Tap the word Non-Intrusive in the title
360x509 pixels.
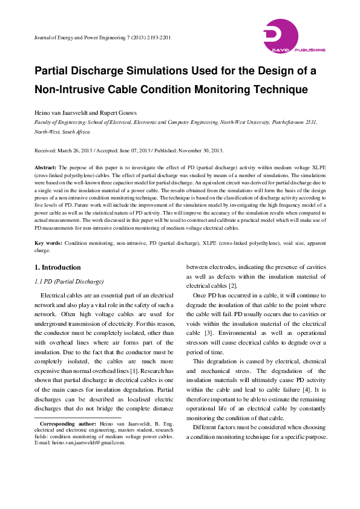(x=69, y=89)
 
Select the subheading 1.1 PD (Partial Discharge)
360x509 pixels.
(x=69, y=282)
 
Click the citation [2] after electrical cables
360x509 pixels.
(x=233, y=286)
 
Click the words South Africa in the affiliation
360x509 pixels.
(x=74, y=131)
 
